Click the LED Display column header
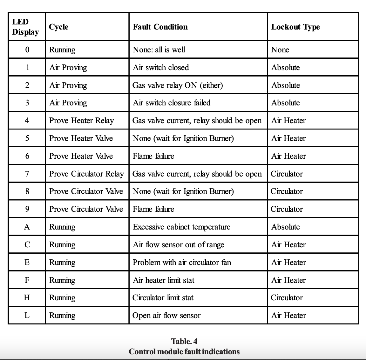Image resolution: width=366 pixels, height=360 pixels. (25, 27)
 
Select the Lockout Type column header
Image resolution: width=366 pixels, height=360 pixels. (295, 27)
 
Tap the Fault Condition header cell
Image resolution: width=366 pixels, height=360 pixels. (160, 27)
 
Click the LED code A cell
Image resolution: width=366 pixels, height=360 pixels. (27, 227)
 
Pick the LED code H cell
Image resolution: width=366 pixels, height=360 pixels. (27, 297)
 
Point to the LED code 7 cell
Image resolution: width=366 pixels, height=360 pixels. (27, 174)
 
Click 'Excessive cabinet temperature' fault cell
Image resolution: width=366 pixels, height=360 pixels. (181, 227)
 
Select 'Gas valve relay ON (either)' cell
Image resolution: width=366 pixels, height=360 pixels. (178, 85)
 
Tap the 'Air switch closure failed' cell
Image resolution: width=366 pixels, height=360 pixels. (172, 103)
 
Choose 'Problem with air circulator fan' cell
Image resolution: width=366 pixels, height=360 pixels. (182, 262)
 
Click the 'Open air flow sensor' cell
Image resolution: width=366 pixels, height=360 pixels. (166, 315)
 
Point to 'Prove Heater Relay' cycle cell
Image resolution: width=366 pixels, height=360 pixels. (81, 120)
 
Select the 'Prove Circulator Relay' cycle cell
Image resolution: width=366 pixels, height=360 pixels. (86, 174)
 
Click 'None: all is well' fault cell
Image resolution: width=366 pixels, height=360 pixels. (159, 50)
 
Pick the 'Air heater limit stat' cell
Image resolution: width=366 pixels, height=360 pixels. (163, 280)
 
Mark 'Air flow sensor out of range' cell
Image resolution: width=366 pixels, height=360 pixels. (178, 244)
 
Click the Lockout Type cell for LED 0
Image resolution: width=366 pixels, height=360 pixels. (280, 50)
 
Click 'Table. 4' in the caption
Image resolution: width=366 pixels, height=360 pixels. (184, 341)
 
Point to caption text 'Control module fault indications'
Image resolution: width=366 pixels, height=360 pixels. (184, 351)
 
